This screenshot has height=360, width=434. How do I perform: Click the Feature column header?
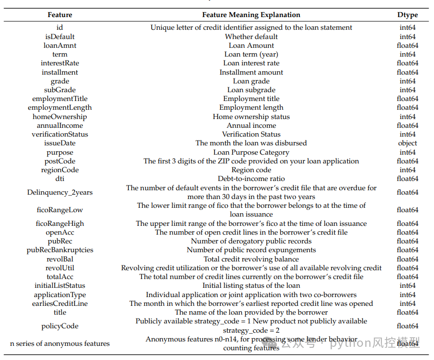point(60,15)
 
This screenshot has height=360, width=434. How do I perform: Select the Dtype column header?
point(407,15)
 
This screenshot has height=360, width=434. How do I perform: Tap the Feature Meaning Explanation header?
point(251,15)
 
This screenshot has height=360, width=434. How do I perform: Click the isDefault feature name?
point(60,37)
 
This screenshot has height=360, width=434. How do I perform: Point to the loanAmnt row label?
point(60,45)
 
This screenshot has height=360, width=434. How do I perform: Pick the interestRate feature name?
point(60,63)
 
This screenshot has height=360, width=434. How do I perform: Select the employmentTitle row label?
point(60,99)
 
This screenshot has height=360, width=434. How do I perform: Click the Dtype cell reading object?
point(407,143)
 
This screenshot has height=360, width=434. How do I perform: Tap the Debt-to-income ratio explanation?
point(251,179)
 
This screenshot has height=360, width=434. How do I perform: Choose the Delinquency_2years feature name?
point(60,192)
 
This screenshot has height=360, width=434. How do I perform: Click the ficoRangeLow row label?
point(60,210)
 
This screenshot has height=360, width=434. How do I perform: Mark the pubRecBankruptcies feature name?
point(60,250)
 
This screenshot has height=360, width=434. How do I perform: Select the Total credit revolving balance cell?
point(251,259)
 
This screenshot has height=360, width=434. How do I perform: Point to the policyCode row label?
point(60,326)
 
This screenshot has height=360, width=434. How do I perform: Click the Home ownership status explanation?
point(251,117)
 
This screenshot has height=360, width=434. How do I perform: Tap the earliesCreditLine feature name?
point(60,303)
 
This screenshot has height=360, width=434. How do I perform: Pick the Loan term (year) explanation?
point(251,54)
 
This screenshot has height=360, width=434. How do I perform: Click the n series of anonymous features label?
point(60,343)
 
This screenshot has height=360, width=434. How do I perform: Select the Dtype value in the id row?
point(407,28)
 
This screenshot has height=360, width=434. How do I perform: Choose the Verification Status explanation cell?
point(251,134)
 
